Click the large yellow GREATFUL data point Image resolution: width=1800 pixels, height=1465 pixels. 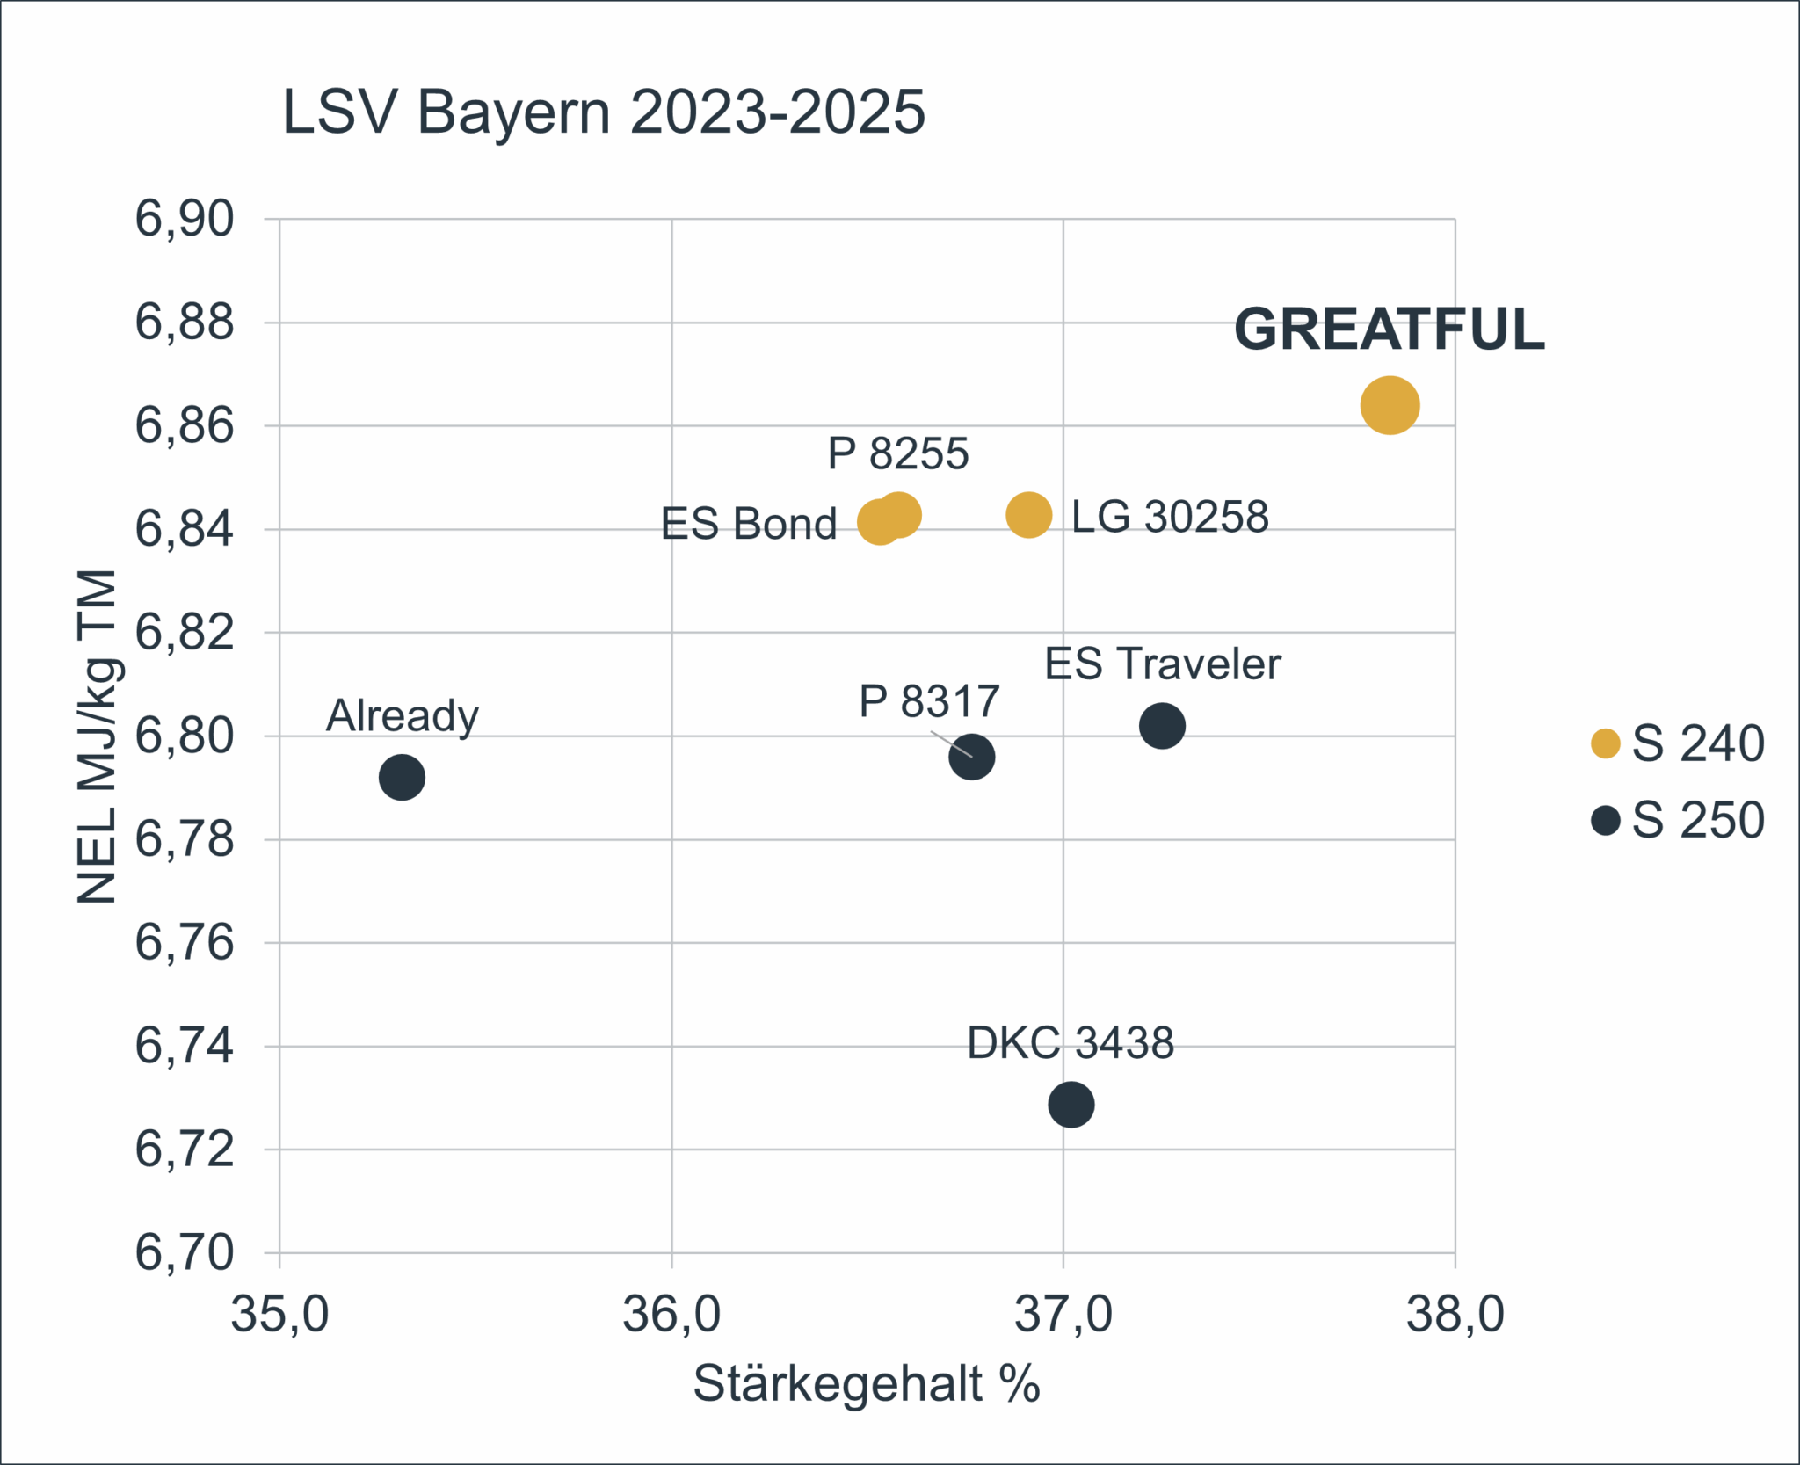point(1390,405)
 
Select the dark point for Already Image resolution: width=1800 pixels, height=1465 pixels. point(402,777)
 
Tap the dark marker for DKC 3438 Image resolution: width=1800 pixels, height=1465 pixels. point(1071,1104)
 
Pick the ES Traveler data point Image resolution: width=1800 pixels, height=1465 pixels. point(1162,726)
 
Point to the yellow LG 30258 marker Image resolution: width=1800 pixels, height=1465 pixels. point(1028,514)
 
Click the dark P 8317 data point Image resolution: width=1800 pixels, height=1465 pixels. point(971,757)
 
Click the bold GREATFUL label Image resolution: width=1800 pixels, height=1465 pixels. point(1389,330)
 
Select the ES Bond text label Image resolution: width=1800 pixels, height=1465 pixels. point(748,524)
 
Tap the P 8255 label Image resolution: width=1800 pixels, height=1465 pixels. point(897,453)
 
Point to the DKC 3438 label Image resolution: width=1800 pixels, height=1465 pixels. point(1070,1043)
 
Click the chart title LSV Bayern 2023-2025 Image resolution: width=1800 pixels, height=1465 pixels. point(603,112)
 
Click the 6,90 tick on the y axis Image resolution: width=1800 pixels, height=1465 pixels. point(185,219)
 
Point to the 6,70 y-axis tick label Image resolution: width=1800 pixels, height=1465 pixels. point(185,1252)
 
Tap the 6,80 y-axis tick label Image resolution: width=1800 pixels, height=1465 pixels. point(185,736)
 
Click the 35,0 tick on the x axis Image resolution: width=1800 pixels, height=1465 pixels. point(279,1315)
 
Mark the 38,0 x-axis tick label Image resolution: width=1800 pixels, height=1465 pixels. point(1455,1315)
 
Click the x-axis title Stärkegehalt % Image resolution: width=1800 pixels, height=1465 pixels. point(866,1384)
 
